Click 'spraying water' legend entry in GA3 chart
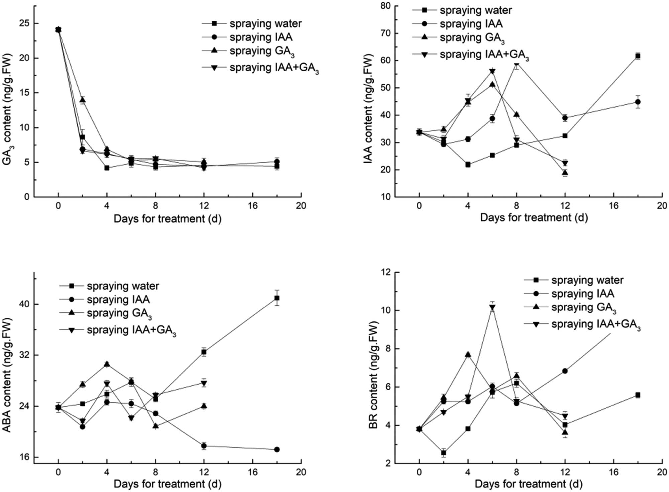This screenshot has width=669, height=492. pyautogui.click(x=265, y=23)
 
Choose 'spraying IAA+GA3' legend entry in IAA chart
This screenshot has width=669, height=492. pyautogui.click(x=484, y=55)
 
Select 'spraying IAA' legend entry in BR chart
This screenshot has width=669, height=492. pyautogui.click(x=582, y=294)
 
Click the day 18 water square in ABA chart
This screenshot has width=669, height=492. pyautogui.click(x=277, y=298)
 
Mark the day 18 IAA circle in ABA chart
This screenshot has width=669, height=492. pyautogui.click(x=277, y=450)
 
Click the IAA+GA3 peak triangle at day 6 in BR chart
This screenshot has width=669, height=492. pyautogui.click(x=492, y=307)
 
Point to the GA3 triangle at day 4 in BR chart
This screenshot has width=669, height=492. pyautogui.click(x=468, y=355)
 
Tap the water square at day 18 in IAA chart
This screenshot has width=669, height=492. pyautogui.click(x=638, y=56)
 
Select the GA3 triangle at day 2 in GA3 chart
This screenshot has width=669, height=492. pyautogui.click(x=82, y=100)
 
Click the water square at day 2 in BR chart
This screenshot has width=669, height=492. pyautogui.click(x=444, y=453)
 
